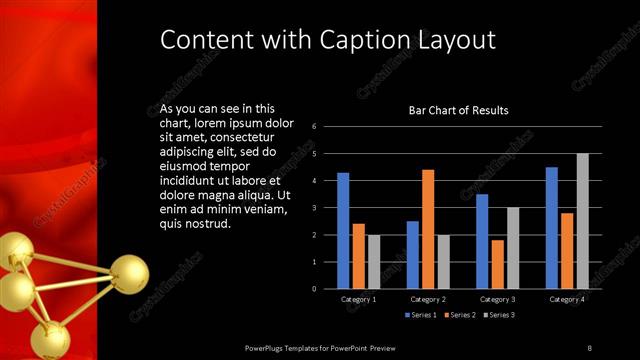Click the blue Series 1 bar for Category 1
coord(343,231)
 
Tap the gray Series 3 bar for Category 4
coord(582,221)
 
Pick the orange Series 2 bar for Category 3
coord(498,264)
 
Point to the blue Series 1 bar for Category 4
coord(552,228)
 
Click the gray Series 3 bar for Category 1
coord(373,262)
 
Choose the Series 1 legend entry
coord(421,315)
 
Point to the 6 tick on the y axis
coord(314,127)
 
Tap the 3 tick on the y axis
coord(314,208)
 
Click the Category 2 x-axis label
coord(428,299)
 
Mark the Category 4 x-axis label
coord(567,299)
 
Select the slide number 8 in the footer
coord(589,348)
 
